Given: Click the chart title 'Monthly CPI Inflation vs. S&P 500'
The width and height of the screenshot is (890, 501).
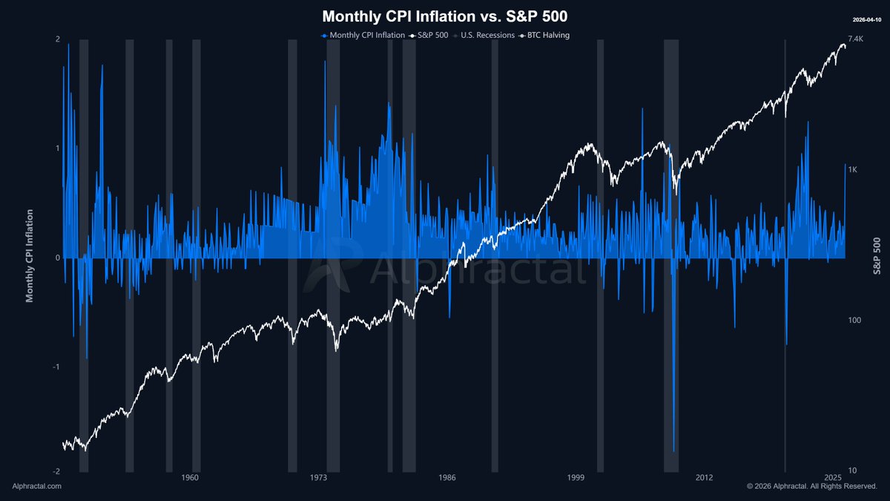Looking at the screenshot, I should coord(444,16).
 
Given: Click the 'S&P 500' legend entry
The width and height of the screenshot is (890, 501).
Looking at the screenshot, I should coord(429,36).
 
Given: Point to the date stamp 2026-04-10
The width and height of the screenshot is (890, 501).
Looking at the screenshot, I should coord(866,19).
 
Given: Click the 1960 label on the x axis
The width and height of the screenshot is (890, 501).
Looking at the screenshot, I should coord(191,477).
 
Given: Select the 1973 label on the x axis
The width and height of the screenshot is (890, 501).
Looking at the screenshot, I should coord(319,477).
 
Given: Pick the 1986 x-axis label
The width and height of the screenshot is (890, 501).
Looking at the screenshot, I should coord(447,477).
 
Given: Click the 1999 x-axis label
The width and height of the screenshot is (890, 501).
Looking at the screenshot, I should coord(576,477).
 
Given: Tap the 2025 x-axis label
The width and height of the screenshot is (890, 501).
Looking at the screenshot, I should coord(833,477).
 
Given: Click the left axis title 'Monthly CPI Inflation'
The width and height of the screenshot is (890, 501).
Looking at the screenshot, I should coord(30,256).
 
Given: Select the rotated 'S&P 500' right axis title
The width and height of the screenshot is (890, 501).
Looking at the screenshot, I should coord(877,256).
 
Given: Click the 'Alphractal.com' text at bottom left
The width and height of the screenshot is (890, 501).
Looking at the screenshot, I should coord(37,486).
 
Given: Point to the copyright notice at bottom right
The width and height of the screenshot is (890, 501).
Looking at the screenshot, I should coord(812,486).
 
